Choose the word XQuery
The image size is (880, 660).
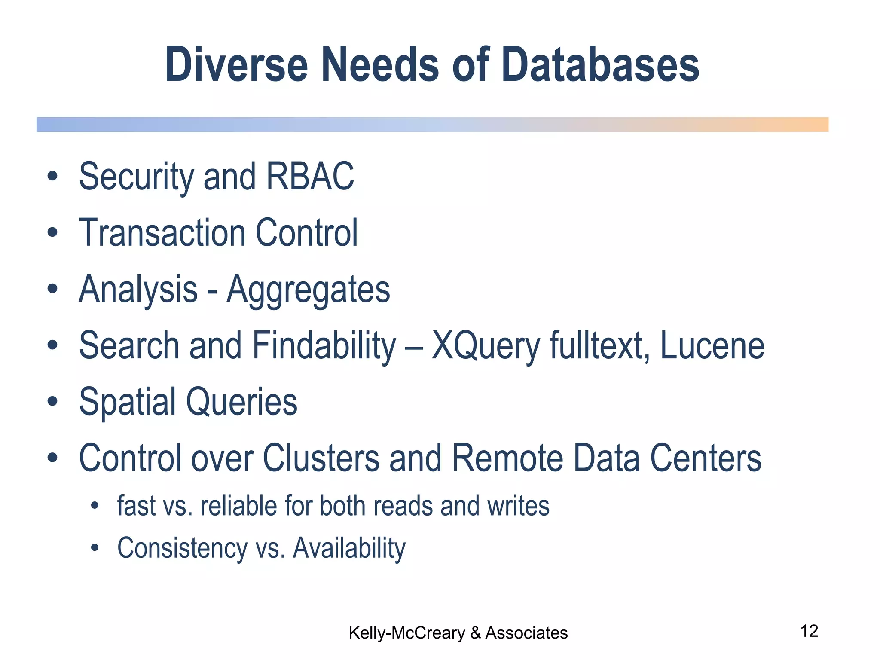coord(486,346)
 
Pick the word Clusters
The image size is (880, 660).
coord(321,458)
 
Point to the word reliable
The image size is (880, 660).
coord(238,506)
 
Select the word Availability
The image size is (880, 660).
coord(349,548)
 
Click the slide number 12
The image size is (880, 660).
coord(809,631)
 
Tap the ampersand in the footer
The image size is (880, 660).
coord(475,633)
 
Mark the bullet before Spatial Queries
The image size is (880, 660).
coord(52,402)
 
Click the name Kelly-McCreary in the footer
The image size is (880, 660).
coord(406,633)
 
